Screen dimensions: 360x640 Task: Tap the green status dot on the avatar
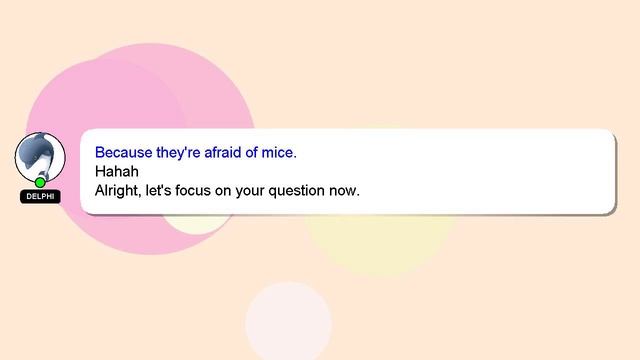click(x=40, y=182)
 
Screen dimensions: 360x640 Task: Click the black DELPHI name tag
click(x=40, y=196)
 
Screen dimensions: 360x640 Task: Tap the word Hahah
click(x=116, y=171)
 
